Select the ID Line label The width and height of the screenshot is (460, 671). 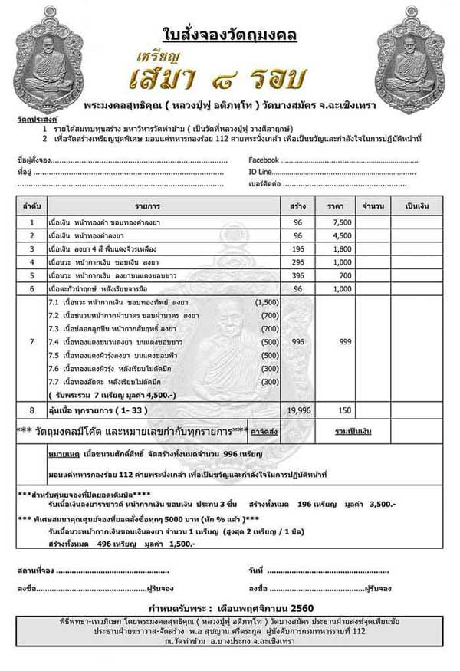pyautogui.click(x=262, y=172)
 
